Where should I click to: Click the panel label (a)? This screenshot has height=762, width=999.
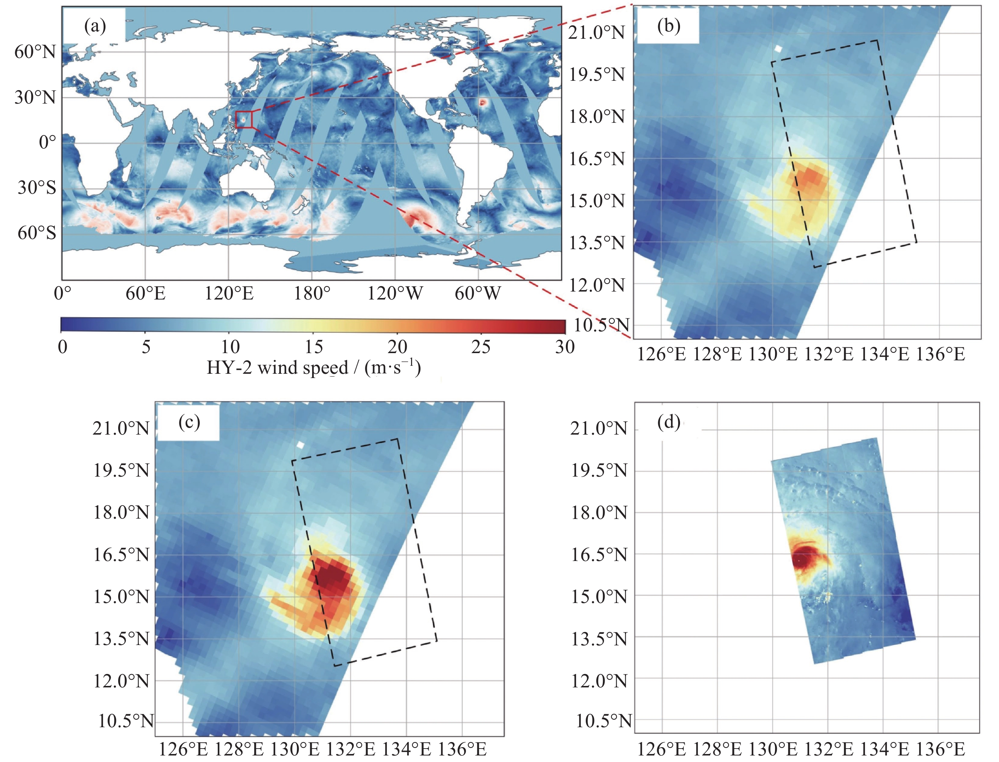pos(95,26)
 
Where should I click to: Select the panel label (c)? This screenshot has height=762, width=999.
pos(189,422)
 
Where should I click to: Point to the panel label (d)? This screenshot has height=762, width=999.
pos(668,422)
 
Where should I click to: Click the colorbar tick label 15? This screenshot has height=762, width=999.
pos(314,347)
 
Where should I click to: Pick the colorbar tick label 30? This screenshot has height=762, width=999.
pos(565,347)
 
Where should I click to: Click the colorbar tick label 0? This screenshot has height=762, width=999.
pos(63,347)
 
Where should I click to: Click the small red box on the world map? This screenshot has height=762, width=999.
pos(244,119)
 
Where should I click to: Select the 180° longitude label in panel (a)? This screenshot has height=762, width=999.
pos(312,293)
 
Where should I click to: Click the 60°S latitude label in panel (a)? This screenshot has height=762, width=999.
pos(37,233)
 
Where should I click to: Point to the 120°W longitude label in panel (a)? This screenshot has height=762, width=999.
pos(394,293)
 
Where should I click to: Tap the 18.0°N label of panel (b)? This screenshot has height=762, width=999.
pos(597,117)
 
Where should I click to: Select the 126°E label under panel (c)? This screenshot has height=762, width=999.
pos(183,749)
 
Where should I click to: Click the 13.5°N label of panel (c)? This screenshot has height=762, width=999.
pos(121,639)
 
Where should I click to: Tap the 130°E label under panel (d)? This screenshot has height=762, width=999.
pos(772,749)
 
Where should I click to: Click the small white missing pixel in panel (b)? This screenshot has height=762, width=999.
pos(779,49)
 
